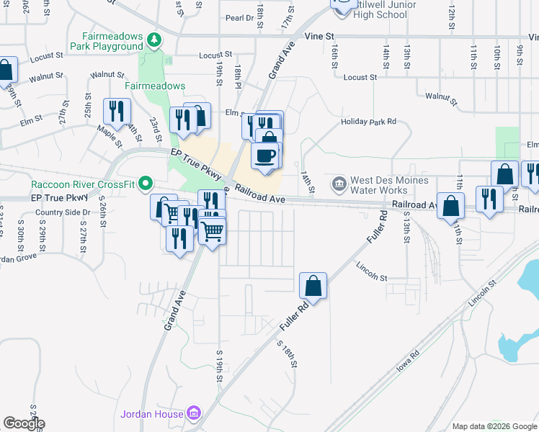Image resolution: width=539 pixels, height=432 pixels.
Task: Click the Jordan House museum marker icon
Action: point(193,413)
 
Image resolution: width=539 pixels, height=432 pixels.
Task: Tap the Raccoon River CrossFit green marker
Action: point(145,184)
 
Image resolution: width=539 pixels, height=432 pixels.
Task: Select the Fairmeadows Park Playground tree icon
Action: point(153,39)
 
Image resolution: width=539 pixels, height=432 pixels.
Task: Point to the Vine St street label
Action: point(320,35)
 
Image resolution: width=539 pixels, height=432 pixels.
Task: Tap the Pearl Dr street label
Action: point(241,18)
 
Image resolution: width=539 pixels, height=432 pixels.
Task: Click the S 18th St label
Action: point(287,353)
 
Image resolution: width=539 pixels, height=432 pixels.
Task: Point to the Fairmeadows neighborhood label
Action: point(155,86)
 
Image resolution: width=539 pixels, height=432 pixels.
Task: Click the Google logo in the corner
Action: point(24,423)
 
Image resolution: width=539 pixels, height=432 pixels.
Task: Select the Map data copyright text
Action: point(494,426)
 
